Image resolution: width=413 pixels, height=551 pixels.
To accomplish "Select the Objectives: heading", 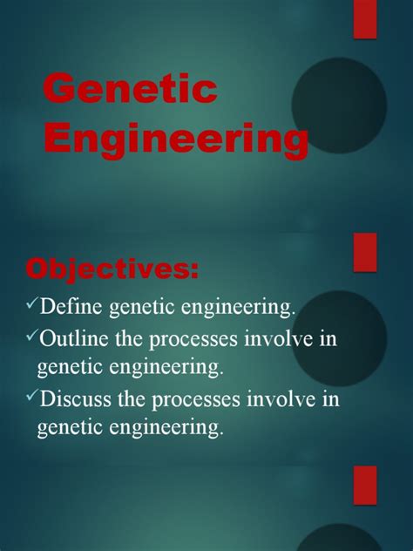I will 112,269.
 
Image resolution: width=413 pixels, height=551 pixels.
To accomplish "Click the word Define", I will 76,306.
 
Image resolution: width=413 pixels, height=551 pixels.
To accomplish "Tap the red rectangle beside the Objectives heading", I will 365,252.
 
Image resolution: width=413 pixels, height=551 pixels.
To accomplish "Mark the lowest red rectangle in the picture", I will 365,485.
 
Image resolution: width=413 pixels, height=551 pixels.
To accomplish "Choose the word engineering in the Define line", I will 242,306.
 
